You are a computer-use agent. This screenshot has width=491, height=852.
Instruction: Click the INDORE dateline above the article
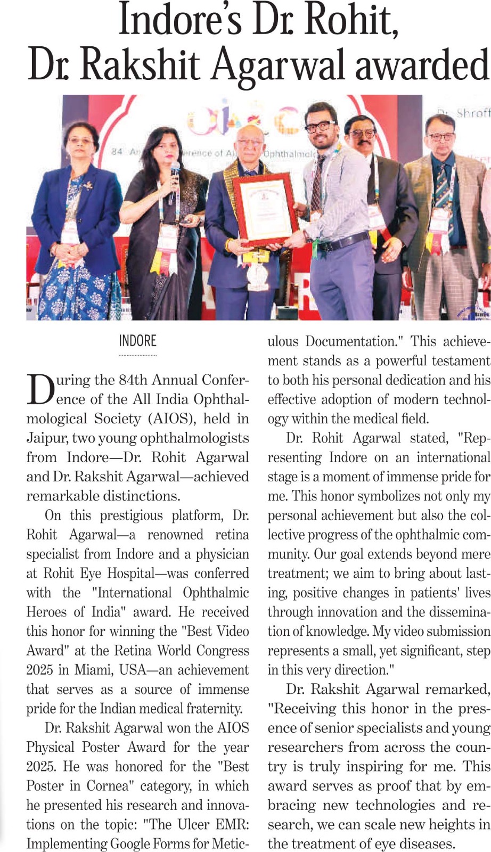click(x=137, y=341)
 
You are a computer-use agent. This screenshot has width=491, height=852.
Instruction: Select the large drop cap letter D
click(x=40, y=390)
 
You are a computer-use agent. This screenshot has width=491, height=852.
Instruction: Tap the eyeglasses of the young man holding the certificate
click(x=320, y=126)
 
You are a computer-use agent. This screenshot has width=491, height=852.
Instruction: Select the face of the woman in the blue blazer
click(x=81, y=142)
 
